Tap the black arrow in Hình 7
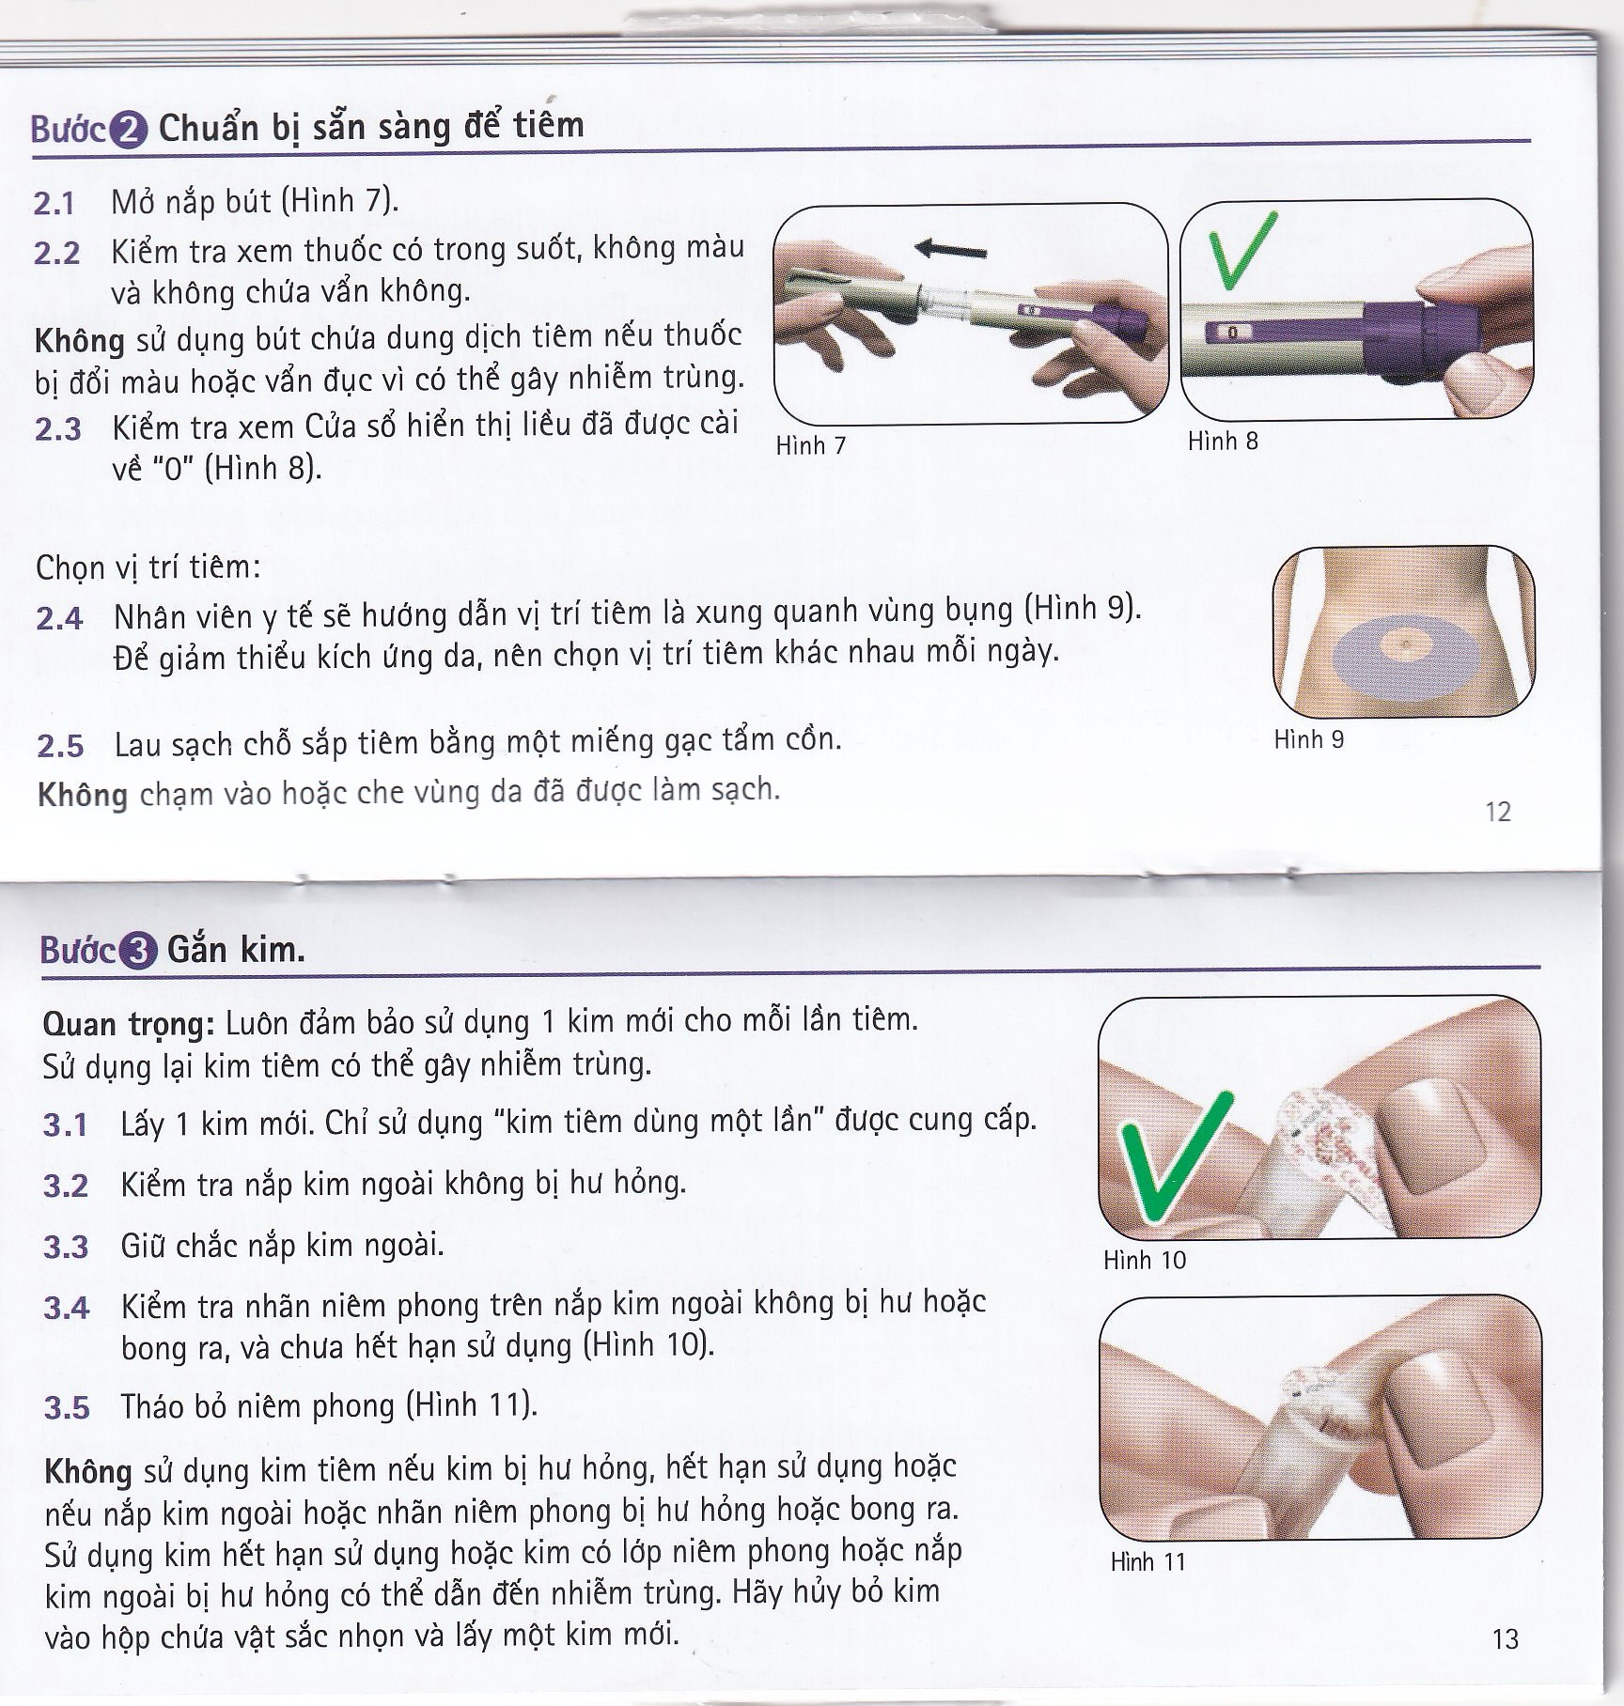[x=951, y=250]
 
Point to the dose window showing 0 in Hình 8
[x=1232, y=333]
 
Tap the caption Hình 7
[x=810, y=445]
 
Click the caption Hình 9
[x=1308, y=739]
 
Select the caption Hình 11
[x=1148, y=1562]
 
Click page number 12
[x=1498, y=812]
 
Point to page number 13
[x=1505, y=1639]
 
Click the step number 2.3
[x=58, y=430]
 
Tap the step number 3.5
[x=67, y=1408]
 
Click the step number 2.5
[x=60, y=747]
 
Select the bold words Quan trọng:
[x=130, y=1023]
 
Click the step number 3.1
[x=65, y=1125]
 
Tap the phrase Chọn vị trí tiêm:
[x=148, y=567]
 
